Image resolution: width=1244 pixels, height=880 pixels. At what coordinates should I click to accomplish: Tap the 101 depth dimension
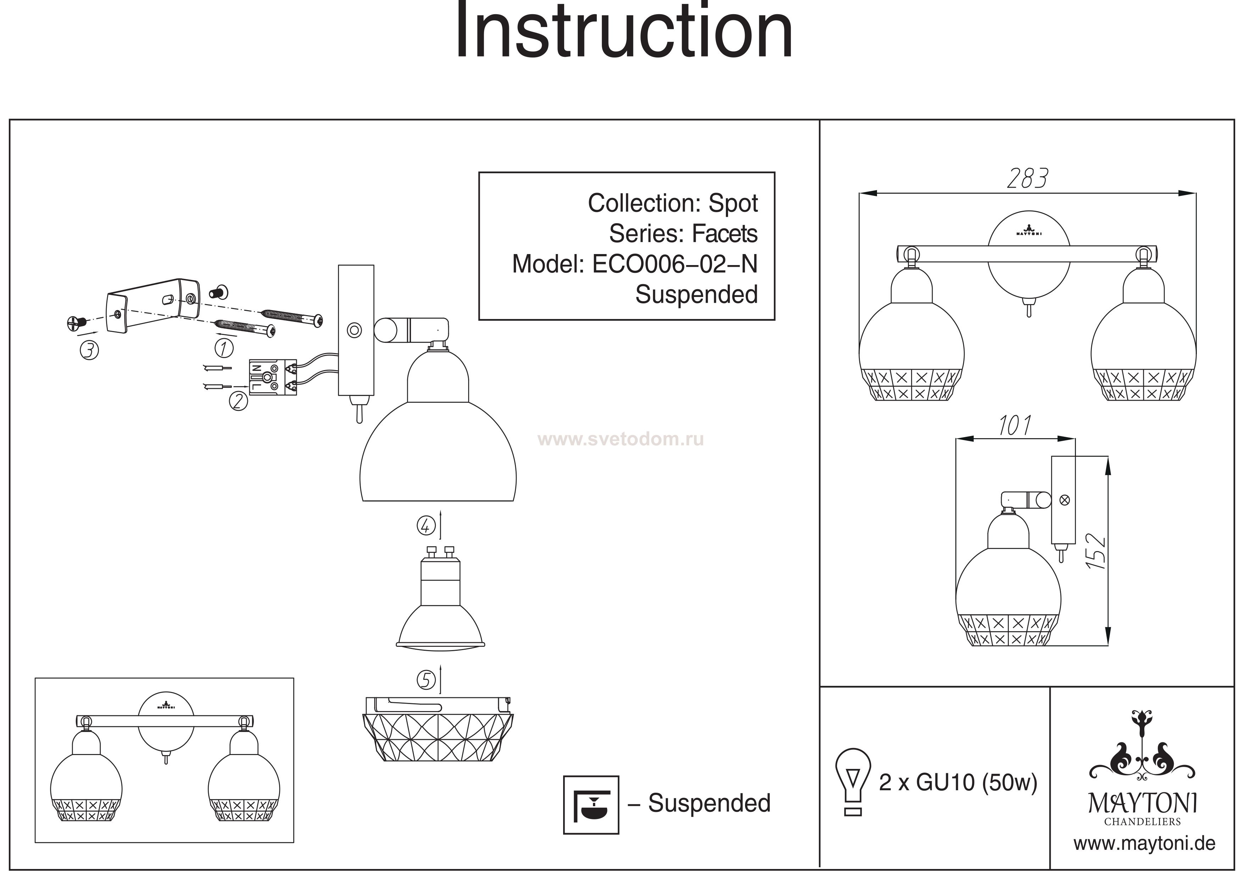(x=1014, y=426)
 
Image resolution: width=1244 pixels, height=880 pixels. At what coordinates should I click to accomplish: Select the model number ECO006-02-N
(x=674, y=264)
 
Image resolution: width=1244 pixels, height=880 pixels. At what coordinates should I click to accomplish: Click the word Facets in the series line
(x=725, y=234)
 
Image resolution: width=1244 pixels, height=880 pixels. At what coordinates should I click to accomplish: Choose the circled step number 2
(x=238, y=401)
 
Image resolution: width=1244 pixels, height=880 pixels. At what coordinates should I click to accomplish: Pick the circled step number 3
(x=89, y=350)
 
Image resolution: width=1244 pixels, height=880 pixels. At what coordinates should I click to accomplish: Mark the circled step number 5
(x=426, y=680)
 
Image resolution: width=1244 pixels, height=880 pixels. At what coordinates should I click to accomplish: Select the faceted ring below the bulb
(x=438, y=729)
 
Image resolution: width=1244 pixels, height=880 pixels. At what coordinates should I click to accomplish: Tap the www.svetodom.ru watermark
(x=620, y=439)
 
